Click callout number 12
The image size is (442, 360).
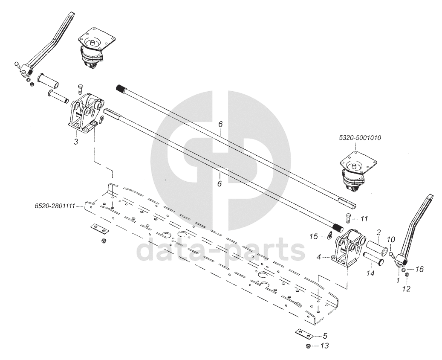[406, 289]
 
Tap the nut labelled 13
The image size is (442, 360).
[309, 345]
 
